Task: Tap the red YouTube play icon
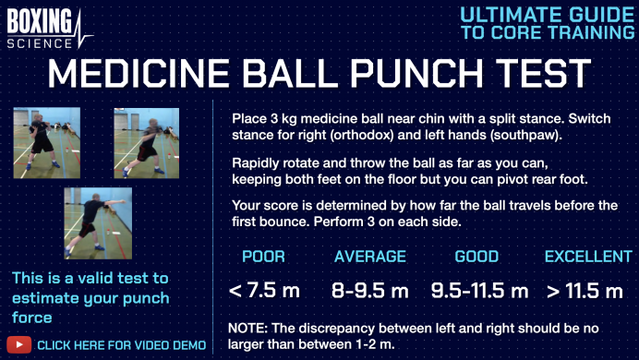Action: [x=18, y=345]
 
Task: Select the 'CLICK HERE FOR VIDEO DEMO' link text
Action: [x=121, y=345]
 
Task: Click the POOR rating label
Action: [x=263, y=257]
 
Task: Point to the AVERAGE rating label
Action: [x=368, y=257]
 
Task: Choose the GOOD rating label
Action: [x=476, y=257]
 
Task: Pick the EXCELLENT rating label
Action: [x=584, y=257]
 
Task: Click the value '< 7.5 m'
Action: [x=264, y=291]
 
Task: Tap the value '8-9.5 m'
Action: [x=369, y=291]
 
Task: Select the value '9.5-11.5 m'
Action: [x=479, y=291]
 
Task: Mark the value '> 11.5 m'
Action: [x=584, y=291]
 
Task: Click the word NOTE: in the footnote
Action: [x=248, y=327]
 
